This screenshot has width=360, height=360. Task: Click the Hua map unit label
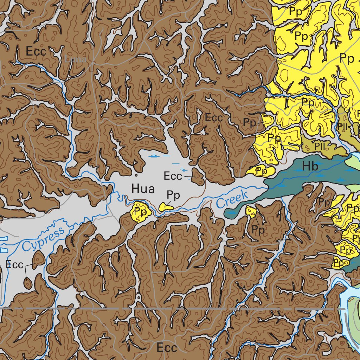[x=143, y=189]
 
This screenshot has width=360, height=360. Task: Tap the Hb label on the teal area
[x=310, y=167]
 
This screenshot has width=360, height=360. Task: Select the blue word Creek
[x=232, y=199]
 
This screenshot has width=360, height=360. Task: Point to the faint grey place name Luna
[x=76, y=59]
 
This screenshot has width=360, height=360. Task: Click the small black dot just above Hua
[x=136, y=175]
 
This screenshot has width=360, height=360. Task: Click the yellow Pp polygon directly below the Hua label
[x=141, y=212]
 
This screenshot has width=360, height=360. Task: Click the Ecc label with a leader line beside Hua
[x=173, y=175]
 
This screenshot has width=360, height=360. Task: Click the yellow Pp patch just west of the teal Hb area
[x=261, y=171]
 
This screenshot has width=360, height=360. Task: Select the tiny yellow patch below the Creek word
[x=251, y=211]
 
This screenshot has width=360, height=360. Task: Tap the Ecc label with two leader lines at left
[x=14, y=265]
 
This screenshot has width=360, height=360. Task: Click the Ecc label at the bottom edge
[x=167, y=348]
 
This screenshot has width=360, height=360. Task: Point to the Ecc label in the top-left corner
[x=36, y=52]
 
